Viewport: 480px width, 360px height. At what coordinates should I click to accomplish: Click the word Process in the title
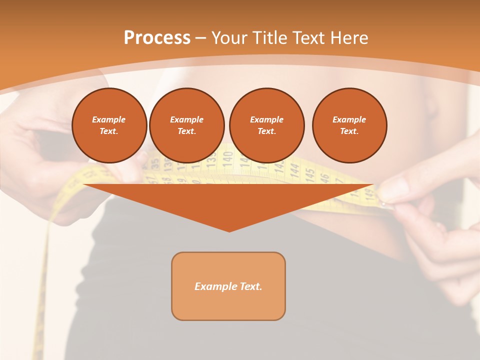[x=157, y=38]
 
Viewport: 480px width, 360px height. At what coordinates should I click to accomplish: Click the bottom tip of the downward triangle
[x=229, y=231]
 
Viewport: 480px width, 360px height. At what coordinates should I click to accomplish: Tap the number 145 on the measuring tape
[x=310, y=174]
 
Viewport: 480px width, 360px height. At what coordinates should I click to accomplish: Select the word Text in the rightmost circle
[x=349, y=131]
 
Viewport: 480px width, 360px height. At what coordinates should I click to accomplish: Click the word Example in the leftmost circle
[x=108, y=119]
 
